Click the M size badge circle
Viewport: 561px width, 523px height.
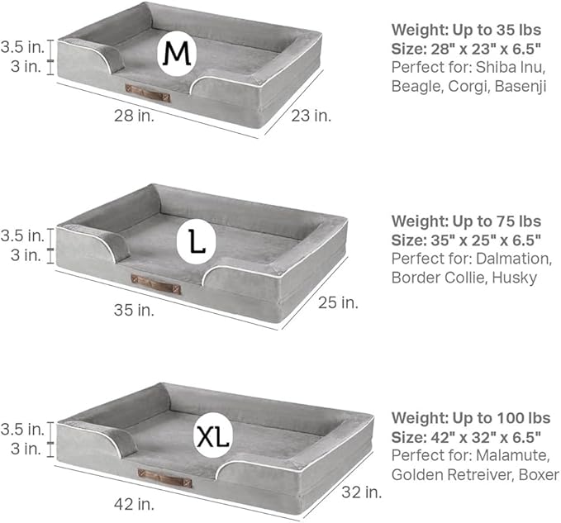(177, 54)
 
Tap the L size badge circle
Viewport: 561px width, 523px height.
(196, 242)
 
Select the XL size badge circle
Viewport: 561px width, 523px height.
(213, 435)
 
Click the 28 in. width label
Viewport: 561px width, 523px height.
(134, 116)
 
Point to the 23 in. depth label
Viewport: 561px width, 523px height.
(311, 116)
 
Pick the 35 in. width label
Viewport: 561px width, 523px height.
(134, 310)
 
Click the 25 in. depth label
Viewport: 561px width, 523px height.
(338, 302)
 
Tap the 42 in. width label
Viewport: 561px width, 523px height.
(134, 504)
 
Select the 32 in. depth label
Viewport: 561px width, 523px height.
(362, 492)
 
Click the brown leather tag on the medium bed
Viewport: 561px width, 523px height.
(147, 93)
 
